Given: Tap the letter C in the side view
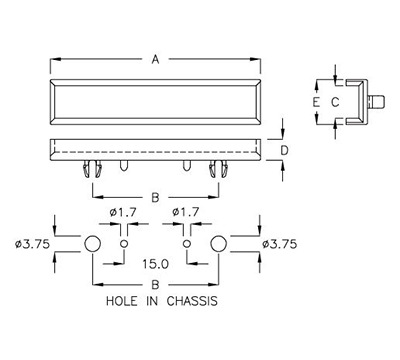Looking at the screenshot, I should (x=335, y=102).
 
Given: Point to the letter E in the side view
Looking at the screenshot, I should (x=316, y=102).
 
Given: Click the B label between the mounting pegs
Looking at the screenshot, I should (x=154, y=197).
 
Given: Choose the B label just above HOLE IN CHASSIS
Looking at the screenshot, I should (x=155, y=285).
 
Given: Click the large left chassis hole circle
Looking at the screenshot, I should (x=92, y=244).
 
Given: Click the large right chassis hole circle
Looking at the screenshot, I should (x=219, y=244).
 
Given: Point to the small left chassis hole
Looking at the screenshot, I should (x=124, y=244).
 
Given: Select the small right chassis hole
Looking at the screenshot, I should (x=187, y=244).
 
